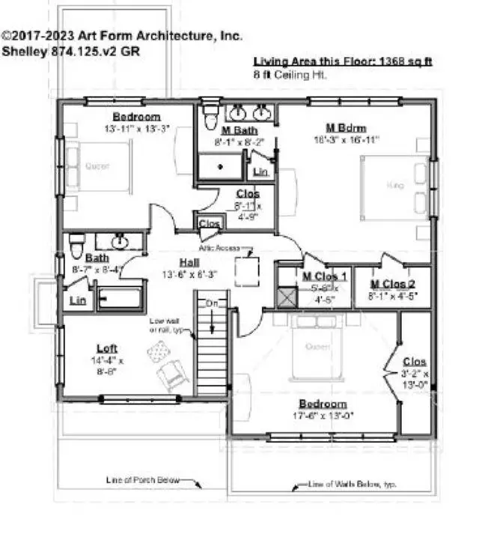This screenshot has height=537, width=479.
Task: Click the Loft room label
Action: pyautogui.click(x=107, y=348)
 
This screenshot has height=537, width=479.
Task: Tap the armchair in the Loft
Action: pyautogui.click(x=174, y=371)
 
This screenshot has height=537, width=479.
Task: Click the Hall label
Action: pyautogui.click(x=188, y=262)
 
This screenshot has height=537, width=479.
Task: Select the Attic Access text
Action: pyautogui.click(x=219, y=247)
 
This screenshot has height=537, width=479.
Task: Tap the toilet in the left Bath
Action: pyautogui.click(x=76, y=245)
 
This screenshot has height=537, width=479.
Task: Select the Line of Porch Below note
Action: pyautogui.click(x=143, y=481)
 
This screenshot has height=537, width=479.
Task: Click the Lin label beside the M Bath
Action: pyautogui.click(x=260, y=172)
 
